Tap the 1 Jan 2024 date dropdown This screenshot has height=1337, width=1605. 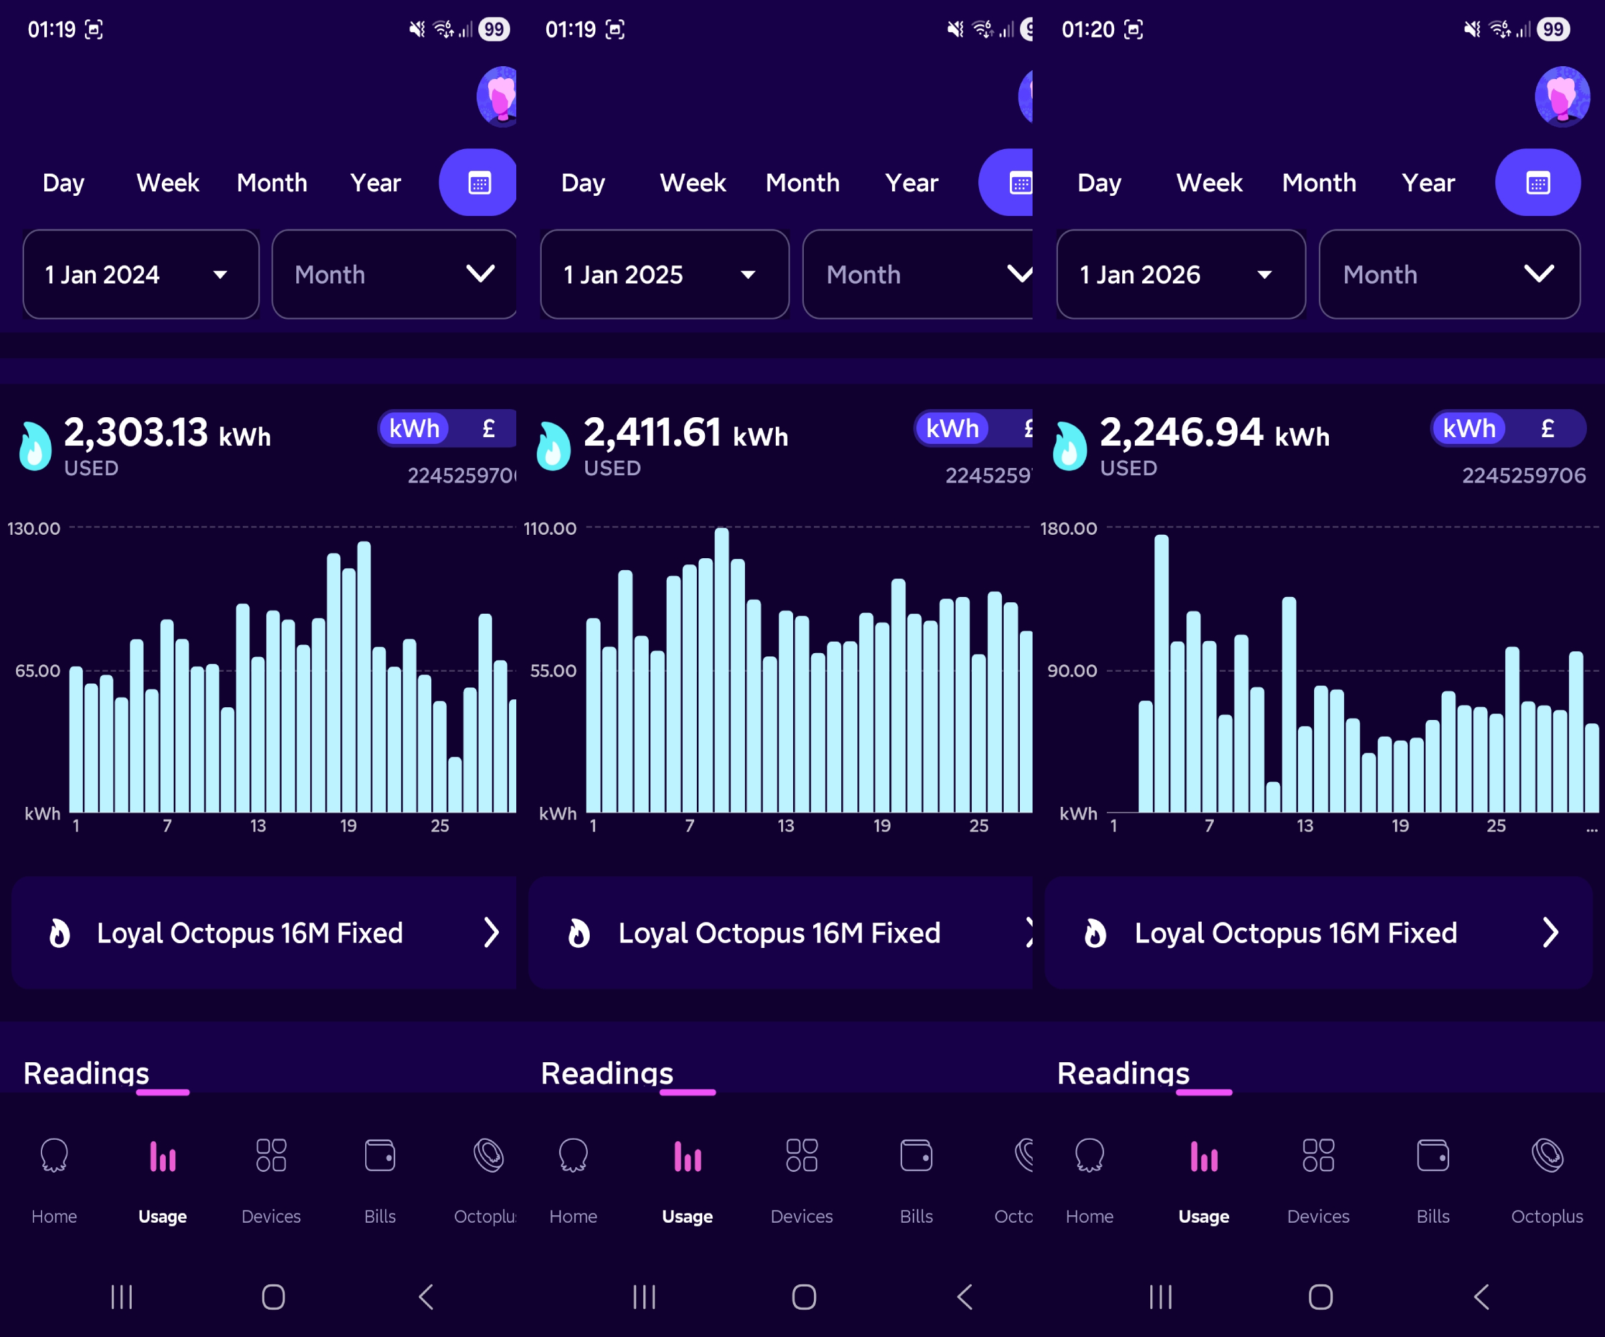tap(140, 274)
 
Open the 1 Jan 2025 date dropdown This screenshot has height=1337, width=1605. tap(663, 274)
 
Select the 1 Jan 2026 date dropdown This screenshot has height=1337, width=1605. tap(1180, 274)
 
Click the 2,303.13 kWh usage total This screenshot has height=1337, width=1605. tap(167, 433)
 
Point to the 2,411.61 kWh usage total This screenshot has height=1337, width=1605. tap(685, 433)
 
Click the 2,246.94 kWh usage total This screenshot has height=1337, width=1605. tap(1214, 433)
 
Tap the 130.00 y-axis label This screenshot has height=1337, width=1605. tap(33, 529)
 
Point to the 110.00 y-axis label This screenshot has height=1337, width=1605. tap(550, 529)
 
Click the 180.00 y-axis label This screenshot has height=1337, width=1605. tap(1068, 529)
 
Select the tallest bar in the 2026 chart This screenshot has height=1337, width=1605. tap(1161, 673)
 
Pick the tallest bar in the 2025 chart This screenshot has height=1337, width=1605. tap(722, 669)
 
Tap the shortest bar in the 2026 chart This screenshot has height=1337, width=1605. tap(1273, 797)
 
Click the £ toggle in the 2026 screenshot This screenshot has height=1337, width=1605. tap(1547, 429)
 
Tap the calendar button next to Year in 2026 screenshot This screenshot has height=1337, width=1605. tap(1537, 183)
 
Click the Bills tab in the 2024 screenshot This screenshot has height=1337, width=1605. tap(380, 1177)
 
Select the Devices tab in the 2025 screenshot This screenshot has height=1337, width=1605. tap(801, 1177)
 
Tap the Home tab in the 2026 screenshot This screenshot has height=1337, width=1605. tap(1089, 1177)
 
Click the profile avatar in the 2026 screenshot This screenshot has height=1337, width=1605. tap(1562, 97)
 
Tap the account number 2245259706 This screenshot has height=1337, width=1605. tap(1523, 475)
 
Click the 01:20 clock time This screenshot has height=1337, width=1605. tap(1087, 30)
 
